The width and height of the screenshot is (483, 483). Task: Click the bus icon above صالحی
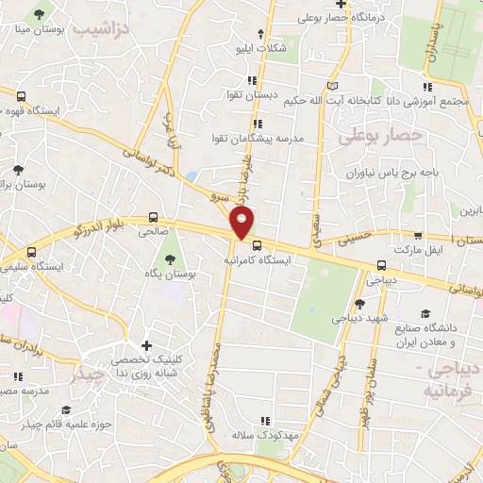pyautogui.click(x=154, y=215)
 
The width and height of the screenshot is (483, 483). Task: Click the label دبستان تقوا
pyautogui.click(x=260, y=96)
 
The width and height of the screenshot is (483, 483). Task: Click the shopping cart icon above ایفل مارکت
pyautogui.click(x=419, y=236)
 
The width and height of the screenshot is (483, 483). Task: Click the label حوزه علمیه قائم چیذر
pyautogui.click(x=76, y=424)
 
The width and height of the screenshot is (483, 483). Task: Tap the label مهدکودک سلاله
pyautogui.click(x=268, y=436)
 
